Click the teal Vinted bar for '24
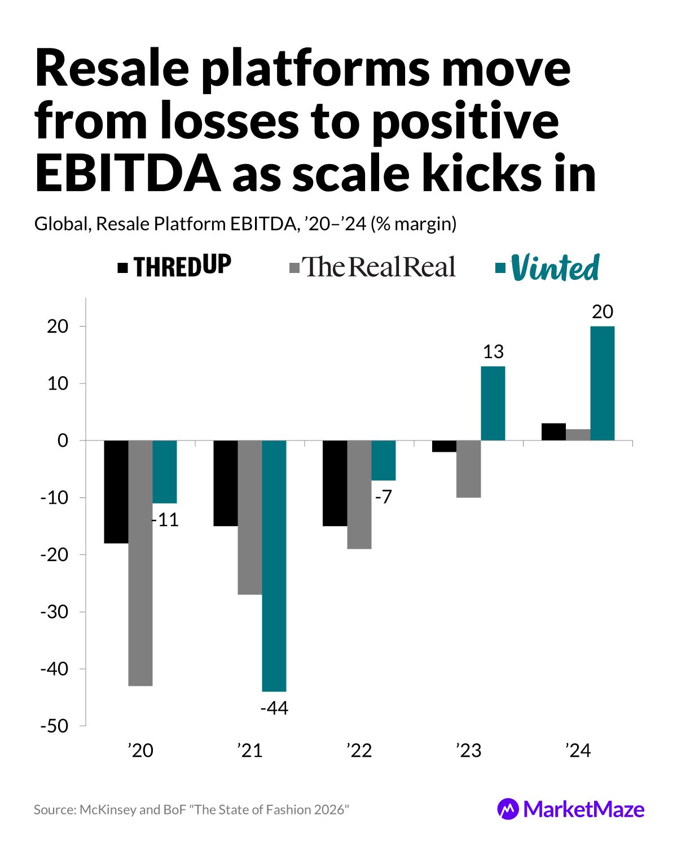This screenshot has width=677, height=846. pyautogui.click(x=602, y=383)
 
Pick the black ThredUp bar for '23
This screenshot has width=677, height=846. pyautogui.click(x=444, y=446)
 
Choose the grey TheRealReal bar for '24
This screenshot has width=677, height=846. pyautogui.click(x=578, y=435)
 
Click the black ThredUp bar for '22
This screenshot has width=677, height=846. pyautogui.click(x=335, y=483)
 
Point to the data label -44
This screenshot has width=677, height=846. pyautogui.click(x=274, y=708)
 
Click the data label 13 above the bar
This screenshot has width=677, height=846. pyautogui.click(x=493, y=352)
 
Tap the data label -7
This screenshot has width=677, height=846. pyautogui.click(x=383, y=497)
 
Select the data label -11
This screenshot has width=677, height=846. pyautogui.click(x=165, y=520)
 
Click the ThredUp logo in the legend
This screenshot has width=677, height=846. pyautogui.click(x=182, y=266)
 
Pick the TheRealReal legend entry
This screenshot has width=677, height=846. pyautogui.click(x=379, y=267)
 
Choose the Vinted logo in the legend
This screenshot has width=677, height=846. pyautogui.click(x=555, y=268)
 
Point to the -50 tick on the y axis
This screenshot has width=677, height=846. pyautogui.click(x=54, y=726)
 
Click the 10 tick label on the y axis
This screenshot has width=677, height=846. pyautogui.click(x=58, y=384)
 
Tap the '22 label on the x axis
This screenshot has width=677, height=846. pyautogui.click(x=359, y=751)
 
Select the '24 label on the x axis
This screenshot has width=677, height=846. pyautogui.click(x=578, y=751)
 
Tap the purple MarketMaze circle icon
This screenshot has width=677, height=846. pyautogui.click(x=508, y=809)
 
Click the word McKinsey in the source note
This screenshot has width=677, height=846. pyautogui.click(x=108, y=810)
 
